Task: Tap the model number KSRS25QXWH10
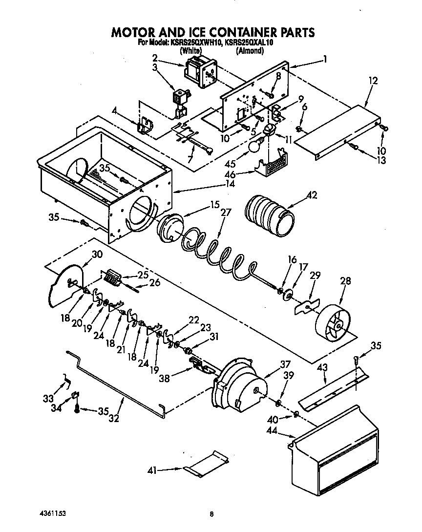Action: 194,43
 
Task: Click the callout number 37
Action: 285,364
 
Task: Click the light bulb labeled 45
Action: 256,145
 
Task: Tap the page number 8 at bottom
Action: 211,514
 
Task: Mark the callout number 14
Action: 229,184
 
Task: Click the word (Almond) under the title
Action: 250,50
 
